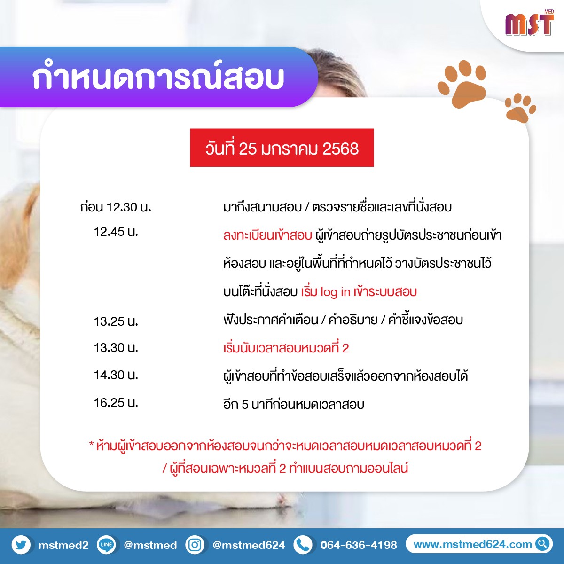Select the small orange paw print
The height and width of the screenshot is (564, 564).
point(520,108)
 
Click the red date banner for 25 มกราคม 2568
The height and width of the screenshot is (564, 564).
point(282,148)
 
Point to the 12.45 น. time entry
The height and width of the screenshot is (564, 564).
point(116,232)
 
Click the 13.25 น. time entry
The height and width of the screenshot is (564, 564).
point(116,321)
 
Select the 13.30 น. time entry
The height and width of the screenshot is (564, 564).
point(116,348)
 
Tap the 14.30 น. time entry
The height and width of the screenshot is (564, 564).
point(116,375)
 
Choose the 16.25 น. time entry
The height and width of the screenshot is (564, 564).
point(116,403)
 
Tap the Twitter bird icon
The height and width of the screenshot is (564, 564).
point(21,545)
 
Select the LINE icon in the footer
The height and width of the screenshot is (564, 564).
point(106,545)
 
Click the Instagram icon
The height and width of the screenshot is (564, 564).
point(195,545)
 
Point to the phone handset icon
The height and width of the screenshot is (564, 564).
point(303,545)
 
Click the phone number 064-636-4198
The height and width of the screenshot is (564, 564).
point(359,545)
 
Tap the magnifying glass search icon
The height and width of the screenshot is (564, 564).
point(542,544)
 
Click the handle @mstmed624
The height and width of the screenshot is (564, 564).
point(249,545)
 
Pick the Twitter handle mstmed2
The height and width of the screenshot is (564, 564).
point(63,545)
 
